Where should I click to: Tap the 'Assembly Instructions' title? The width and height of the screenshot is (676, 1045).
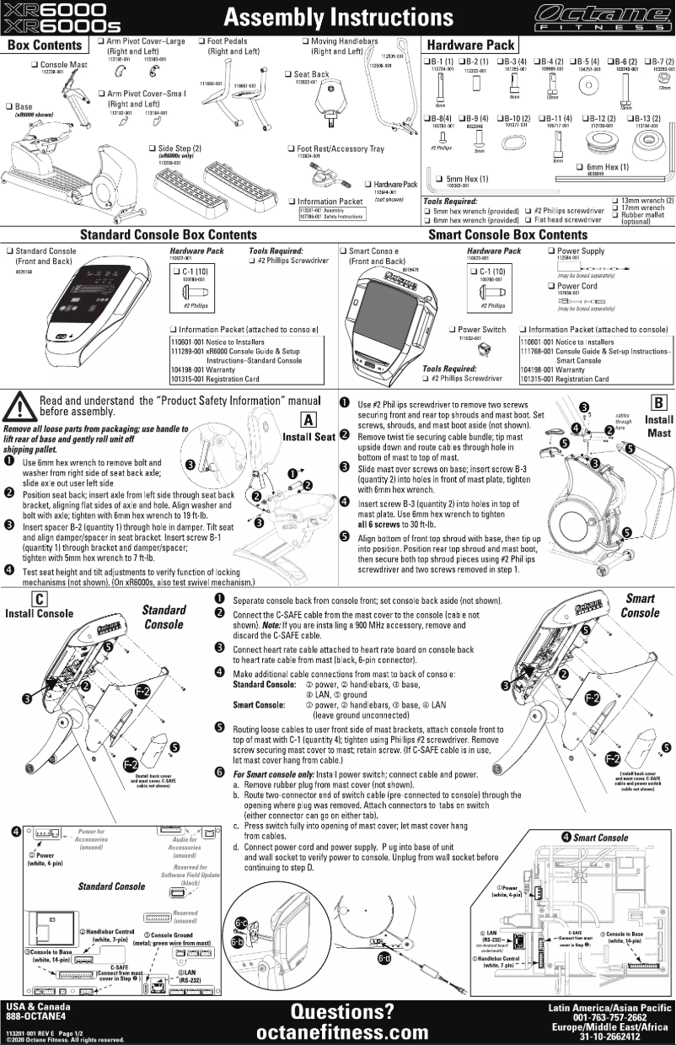[x=336, y=18]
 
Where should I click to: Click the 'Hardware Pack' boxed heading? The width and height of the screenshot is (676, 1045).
[x=471, y=44]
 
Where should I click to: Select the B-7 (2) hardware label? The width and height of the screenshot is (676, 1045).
[x=658, y=62]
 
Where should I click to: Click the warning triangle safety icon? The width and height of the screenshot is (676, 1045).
[x=18, y=408]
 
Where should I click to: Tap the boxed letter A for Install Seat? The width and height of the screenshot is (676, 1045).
[x=308, y=419]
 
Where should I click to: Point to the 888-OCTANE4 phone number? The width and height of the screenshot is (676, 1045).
[x=35, y=1017]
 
